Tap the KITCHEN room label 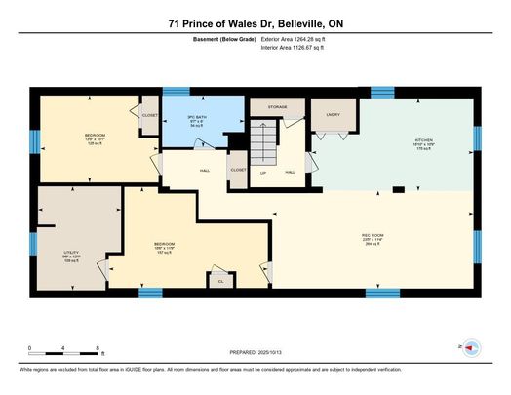[423, 140]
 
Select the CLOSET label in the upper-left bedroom [149, 115]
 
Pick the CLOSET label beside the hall [238, 170]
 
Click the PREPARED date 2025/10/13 [256, 353]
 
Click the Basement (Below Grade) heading [225, 39]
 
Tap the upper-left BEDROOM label [95, 134]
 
